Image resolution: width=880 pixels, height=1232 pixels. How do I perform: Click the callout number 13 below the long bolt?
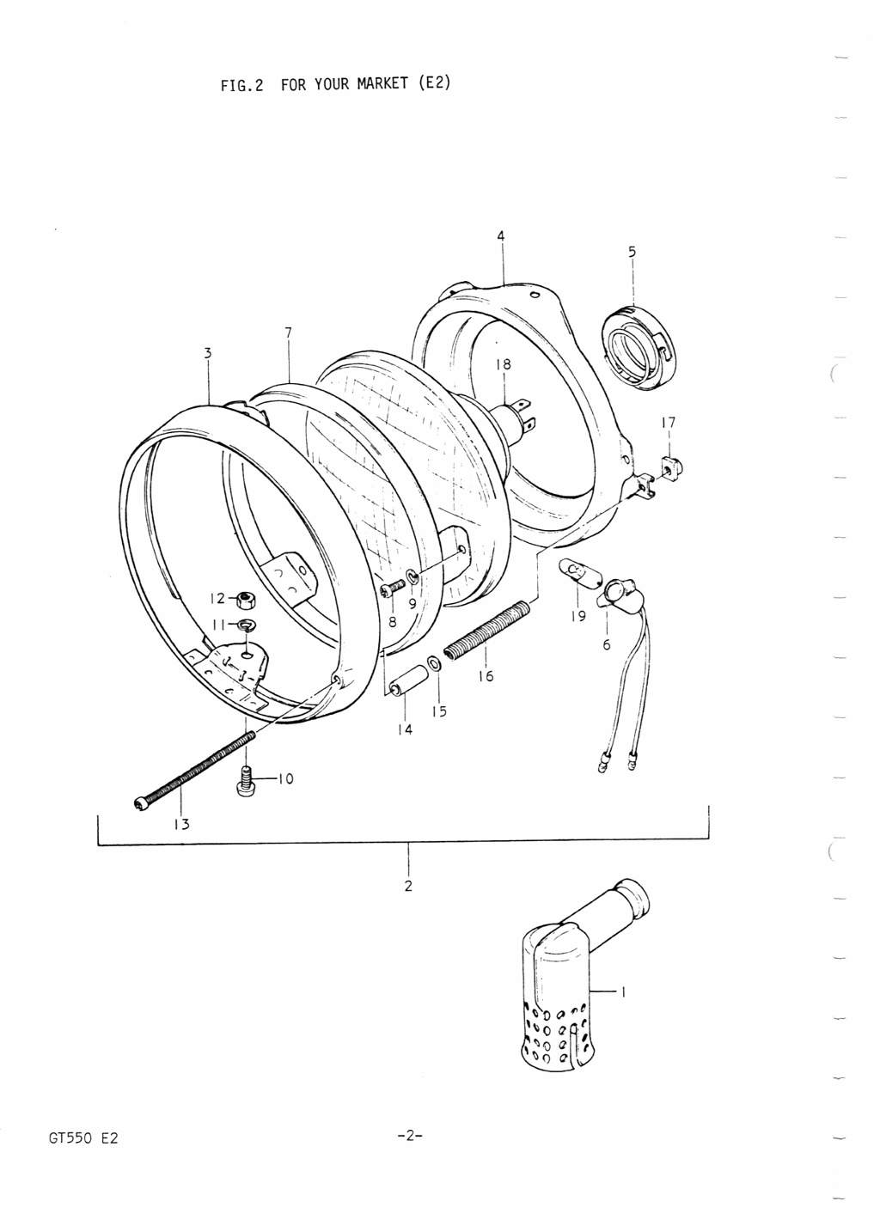click(182, 823)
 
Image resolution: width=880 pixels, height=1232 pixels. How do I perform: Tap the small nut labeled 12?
click(243, 600)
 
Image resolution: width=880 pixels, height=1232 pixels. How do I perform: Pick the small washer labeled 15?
click(436, 665)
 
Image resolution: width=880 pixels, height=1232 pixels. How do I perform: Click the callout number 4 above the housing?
click(501, 235)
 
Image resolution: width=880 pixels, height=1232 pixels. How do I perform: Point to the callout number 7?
click(288, 332)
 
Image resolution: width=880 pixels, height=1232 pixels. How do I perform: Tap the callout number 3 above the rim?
click(207, 352)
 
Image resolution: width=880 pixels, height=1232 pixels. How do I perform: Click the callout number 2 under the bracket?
click(408, 886)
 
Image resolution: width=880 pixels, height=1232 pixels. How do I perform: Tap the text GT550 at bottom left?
click(63, 1138)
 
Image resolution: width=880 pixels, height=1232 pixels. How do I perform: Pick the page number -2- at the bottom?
click(408, 1137)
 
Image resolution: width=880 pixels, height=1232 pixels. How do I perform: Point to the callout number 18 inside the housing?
click(503, 364)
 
